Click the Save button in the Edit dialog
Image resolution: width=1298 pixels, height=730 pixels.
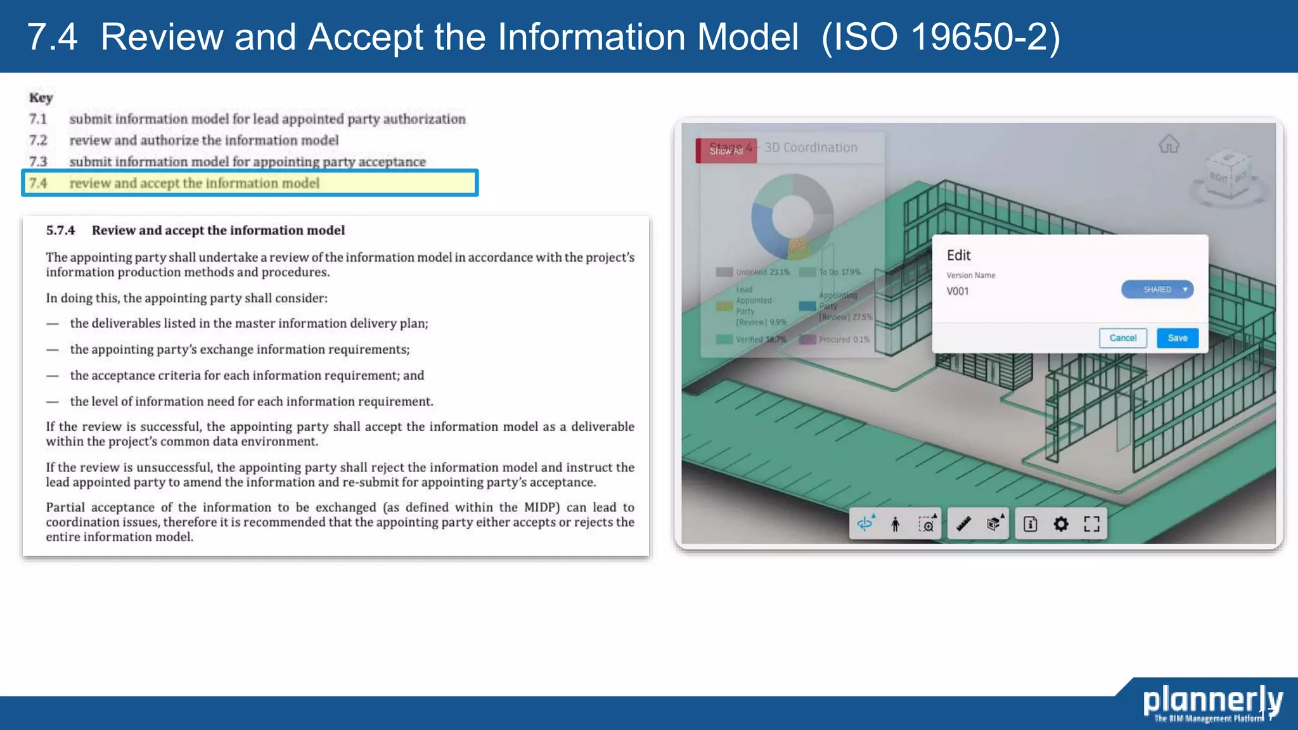click(x=1177, y=338)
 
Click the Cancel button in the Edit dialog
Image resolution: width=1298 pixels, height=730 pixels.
click(x=1122, y=338)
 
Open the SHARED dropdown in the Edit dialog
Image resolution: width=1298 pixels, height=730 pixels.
click(x=1157, y=290)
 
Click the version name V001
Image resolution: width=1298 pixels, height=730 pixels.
click(x=958, y=291)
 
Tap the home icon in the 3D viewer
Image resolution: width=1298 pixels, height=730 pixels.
click(x=1169, y=144)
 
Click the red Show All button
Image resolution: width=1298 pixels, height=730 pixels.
click(x=726, y=151)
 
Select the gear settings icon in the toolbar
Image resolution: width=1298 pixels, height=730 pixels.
click(x=1060, y=524)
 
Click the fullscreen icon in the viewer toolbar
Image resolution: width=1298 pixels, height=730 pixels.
click(x=1091, y=524)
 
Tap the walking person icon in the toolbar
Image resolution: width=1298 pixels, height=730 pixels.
click(x=895, y=524)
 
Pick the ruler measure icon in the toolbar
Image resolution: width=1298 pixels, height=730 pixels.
click(x=963, y=524)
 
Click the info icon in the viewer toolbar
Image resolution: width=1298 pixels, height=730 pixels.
click(x=1031, y=524)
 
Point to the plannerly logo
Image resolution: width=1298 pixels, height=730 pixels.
click(x=1212, y=702)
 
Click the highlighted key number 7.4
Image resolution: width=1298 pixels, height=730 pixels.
click(x=38, y=183)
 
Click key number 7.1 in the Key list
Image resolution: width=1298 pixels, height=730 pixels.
click(x=38, y=119)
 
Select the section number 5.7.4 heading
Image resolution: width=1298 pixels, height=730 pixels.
click(x=60, y=231)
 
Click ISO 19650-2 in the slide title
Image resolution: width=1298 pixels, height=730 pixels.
click(x=941, y=37)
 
